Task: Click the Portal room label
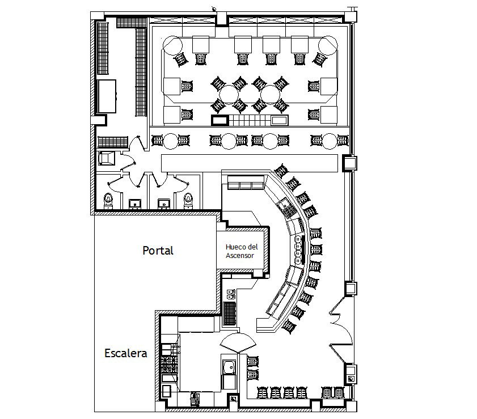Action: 158,251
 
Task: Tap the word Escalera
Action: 126,353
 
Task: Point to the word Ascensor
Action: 239,255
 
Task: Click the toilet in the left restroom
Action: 108,201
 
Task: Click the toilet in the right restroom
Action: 188,201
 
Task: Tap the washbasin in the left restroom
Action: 135,204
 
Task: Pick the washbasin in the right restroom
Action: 164,204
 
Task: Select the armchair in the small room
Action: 107,158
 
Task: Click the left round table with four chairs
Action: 229,95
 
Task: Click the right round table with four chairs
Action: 270,95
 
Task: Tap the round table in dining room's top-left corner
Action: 172,45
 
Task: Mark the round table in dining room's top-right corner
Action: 328,45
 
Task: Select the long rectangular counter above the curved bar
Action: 250,163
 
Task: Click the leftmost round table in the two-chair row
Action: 171,141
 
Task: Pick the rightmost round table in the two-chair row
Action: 330,141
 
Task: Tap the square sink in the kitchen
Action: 229,367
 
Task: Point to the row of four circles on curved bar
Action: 298,249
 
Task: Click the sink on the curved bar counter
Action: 284,204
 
